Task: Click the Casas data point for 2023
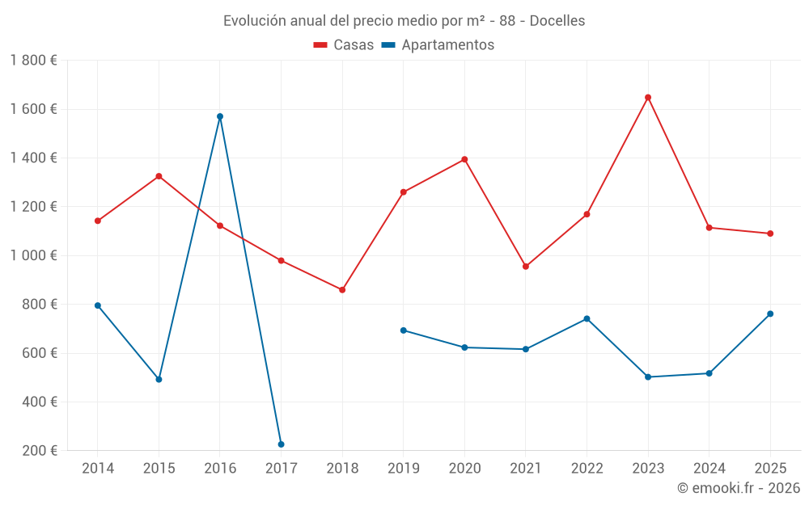648,98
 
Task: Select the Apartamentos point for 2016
220,116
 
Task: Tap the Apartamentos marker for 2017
281,444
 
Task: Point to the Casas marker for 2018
342,289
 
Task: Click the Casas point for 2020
464,159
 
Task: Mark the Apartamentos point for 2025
770,314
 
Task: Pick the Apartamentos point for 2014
98,305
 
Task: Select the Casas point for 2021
526,266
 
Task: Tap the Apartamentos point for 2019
403,330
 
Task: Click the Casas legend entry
344,45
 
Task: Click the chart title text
404,21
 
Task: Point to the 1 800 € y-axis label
33,61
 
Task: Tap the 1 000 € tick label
33,255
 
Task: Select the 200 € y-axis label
37,450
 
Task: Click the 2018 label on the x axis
342,468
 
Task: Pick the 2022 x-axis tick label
587,468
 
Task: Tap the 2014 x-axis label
98,468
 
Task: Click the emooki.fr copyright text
738,488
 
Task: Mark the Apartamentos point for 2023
648,377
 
